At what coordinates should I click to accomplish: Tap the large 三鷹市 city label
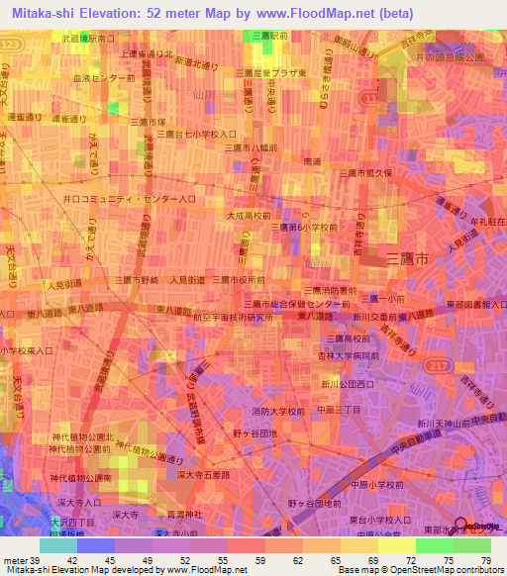point(408,258)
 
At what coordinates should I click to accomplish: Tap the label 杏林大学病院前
point(351,355)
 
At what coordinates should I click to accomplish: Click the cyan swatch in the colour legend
point(57,545)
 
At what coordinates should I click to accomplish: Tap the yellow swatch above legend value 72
point(397,545)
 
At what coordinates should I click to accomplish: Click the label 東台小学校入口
point(382,519)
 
